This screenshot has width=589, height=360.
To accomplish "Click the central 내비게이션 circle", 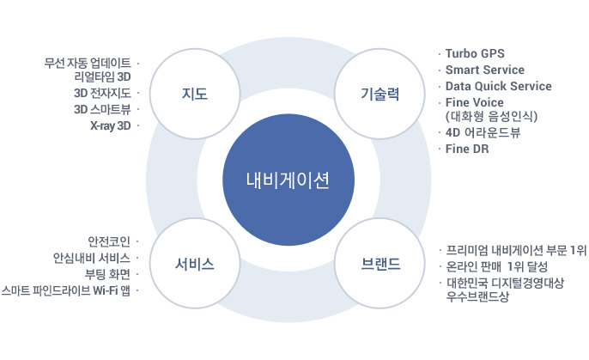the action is (x=288, y=180).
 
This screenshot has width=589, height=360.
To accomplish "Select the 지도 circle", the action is (x=195, y=94).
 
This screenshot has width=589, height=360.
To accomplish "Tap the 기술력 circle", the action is (x=380, y=94).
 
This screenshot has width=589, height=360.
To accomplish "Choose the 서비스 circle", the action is (x=195, y=264).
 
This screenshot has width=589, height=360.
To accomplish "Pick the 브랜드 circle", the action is (x=380, y=264).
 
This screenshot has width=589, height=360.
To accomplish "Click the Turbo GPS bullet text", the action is (x=475, y=54).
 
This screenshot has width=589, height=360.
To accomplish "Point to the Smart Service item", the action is (x=485, y=70).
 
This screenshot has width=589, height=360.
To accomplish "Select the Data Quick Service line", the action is (x=499, y=86).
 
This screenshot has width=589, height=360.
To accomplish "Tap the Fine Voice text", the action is (x=475, y=102).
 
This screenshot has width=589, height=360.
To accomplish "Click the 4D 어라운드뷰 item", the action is (x=483, y=132).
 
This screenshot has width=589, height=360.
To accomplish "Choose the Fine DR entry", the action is (x=467, y=149).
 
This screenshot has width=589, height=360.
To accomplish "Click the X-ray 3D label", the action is (x=111, y=125).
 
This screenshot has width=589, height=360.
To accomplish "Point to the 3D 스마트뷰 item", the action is (x=102, y=109).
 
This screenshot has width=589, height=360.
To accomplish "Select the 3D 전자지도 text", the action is (x=102, y=93).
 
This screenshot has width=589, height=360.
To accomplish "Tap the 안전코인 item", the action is (x=109, y=241).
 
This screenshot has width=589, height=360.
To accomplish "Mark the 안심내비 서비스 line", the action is (x=92, y=258).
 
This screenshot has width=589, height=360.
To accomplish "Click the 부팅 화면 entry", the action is (x=107, y=274).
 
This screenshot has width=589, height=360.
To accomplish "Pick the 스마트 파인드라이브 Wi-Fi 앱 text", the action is (x=66, y=290).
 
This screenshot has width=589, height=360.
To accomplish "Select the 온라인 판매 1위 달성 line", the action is (x=497, y=267).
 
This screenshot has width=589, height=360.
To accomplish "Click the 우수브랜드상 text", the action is (x=477, y=296).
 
